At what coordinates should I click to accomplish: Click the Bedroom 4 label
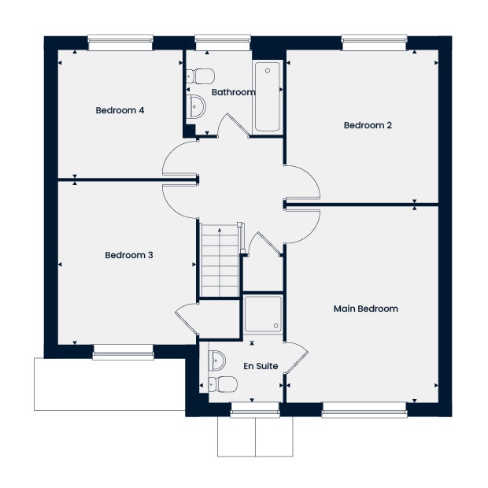(120, 110)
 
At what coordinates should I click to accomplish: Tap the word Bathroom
(233, 92)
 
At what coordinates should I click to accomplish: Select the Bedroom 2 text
(368, 125)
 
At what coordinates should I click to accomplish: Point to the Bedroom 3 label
(129, 255)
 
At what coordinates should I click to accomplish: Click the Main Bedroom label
(366, 309)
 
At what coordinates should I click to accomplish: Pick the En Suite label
(261, 365)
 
